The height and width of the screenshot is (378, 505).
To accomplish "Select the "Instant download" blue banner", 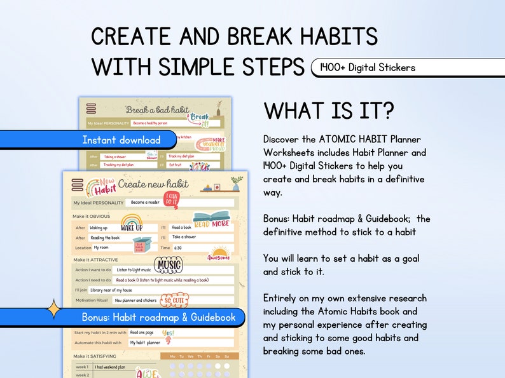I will pyautogui.click(x=121, y=140).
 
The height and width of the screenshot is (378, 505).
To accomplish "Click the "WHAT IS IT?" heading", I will pyautogui.click(x=329, y=111).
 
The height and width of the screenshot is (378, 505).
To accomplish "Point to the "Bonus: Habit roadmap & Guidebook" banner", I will pyautogui.click(x=158, y=317).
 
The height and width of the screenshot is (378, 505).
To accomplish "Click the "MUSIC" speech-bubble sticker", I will pyautogui.click(x=168, y=264).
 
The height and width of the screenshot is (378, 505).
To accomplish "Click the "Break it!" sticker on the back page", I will pyautogui.click(x=199, y=119).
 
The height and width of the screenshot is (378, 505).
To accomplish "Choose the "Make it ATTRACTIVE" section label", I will pyautogui.click(x=97, y=259).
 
